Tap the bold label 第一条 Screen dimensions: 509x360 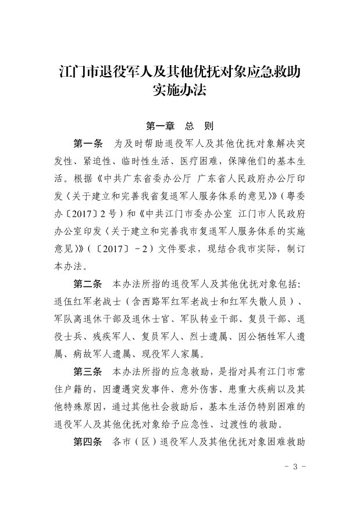(88, 143)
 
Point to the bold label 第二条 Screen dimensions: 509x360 (88, 285)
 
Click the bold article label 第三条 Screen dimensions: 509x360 (88, 370)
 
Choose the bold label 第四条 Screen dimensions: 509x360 (88, 441)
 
